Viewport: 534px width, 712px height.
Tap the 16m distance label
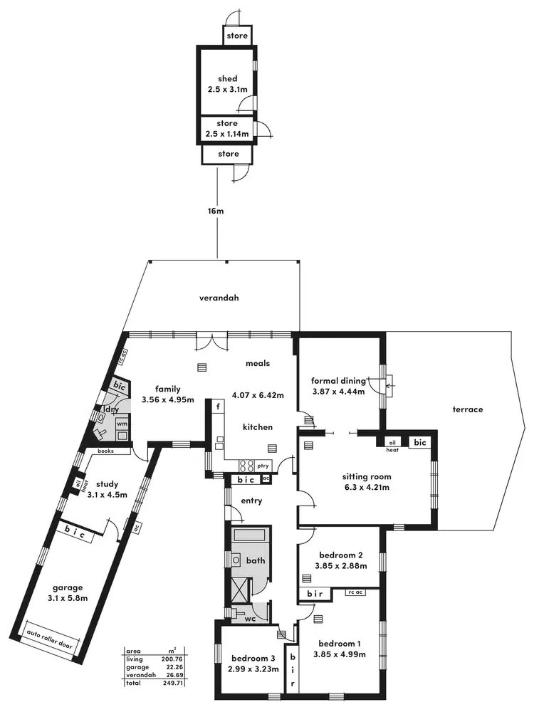tap(216, 211)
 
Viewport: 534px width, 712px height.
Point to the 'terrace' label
tap(468, 409)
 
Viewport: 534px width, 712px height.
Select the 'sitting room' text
tap(367, 477)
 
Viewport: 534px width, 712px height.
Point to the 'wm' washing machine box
tap(121, 424)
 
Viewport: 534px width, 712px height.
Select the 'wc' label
tap(250, 619)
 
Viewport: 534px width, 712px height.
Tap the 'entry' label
tap(251, 501)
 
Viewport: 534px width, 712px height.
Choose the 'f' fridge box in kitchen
tap(216, 407)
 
